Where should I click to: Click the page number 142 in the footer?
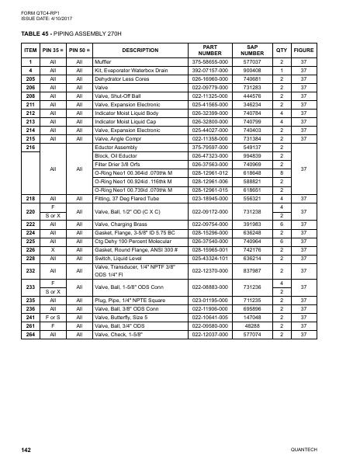click(x=26, y=450)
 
